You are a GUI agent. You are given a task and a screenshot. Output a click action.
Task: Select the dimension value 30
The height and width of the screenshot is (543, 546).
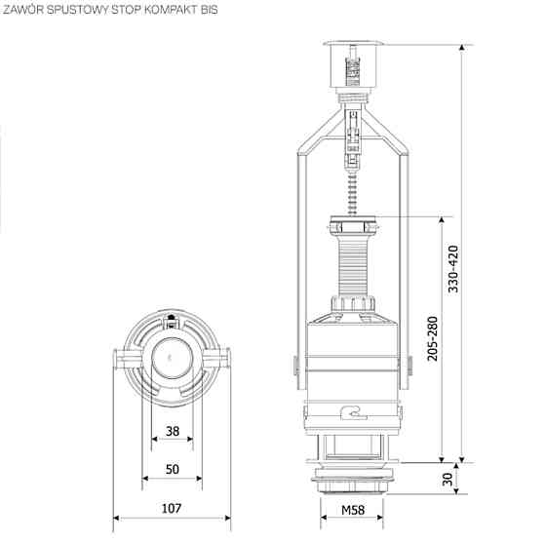(x=447, y=478)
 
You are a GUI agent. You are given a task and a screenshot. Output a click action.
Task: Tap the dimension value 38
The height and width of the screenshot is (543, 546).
(x=173, y=431)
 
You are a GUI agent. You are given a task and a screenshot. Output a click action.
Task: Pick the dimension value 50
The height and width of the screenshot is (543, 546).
(x=173, y=469)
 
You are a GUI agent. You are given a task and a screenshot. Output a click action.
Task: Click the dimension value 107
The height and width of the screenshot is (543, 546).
(x=173, y=508)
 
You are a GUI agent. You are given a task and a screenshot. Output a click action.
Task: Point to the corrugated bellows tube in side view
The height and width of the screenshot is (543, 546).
(x=352, y=263)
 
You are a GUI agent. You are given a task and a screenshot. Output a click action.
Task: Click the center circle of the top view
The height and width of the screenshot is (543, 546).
(x=172, y=359)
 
